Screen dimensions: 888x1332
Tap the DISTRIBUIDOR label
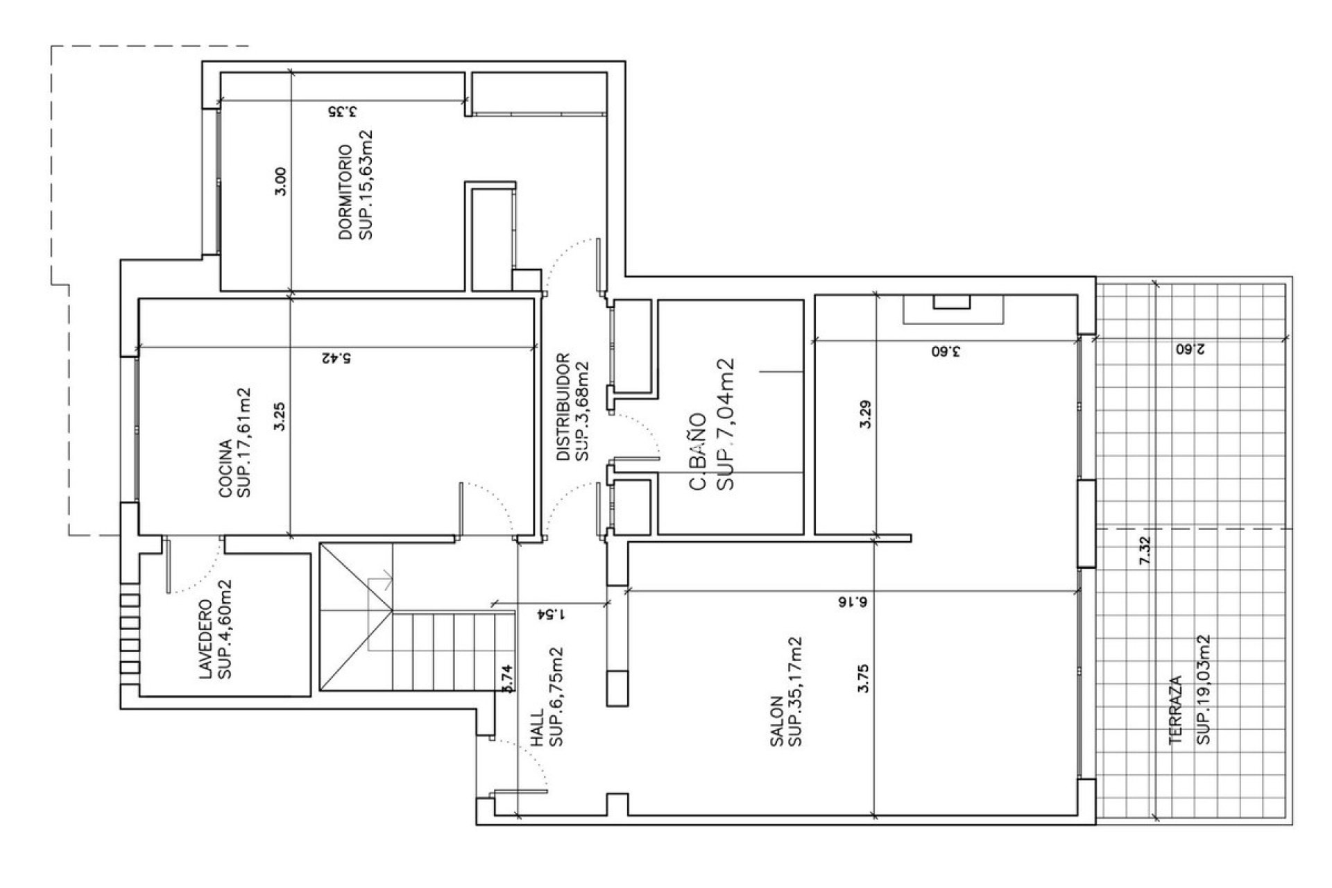click(x=563, y=407)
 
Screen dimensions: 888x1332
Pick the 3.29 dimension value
click(x=864, y=415)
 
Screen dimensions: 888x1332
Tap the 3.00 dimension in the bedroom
click(x=280, y=182)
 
